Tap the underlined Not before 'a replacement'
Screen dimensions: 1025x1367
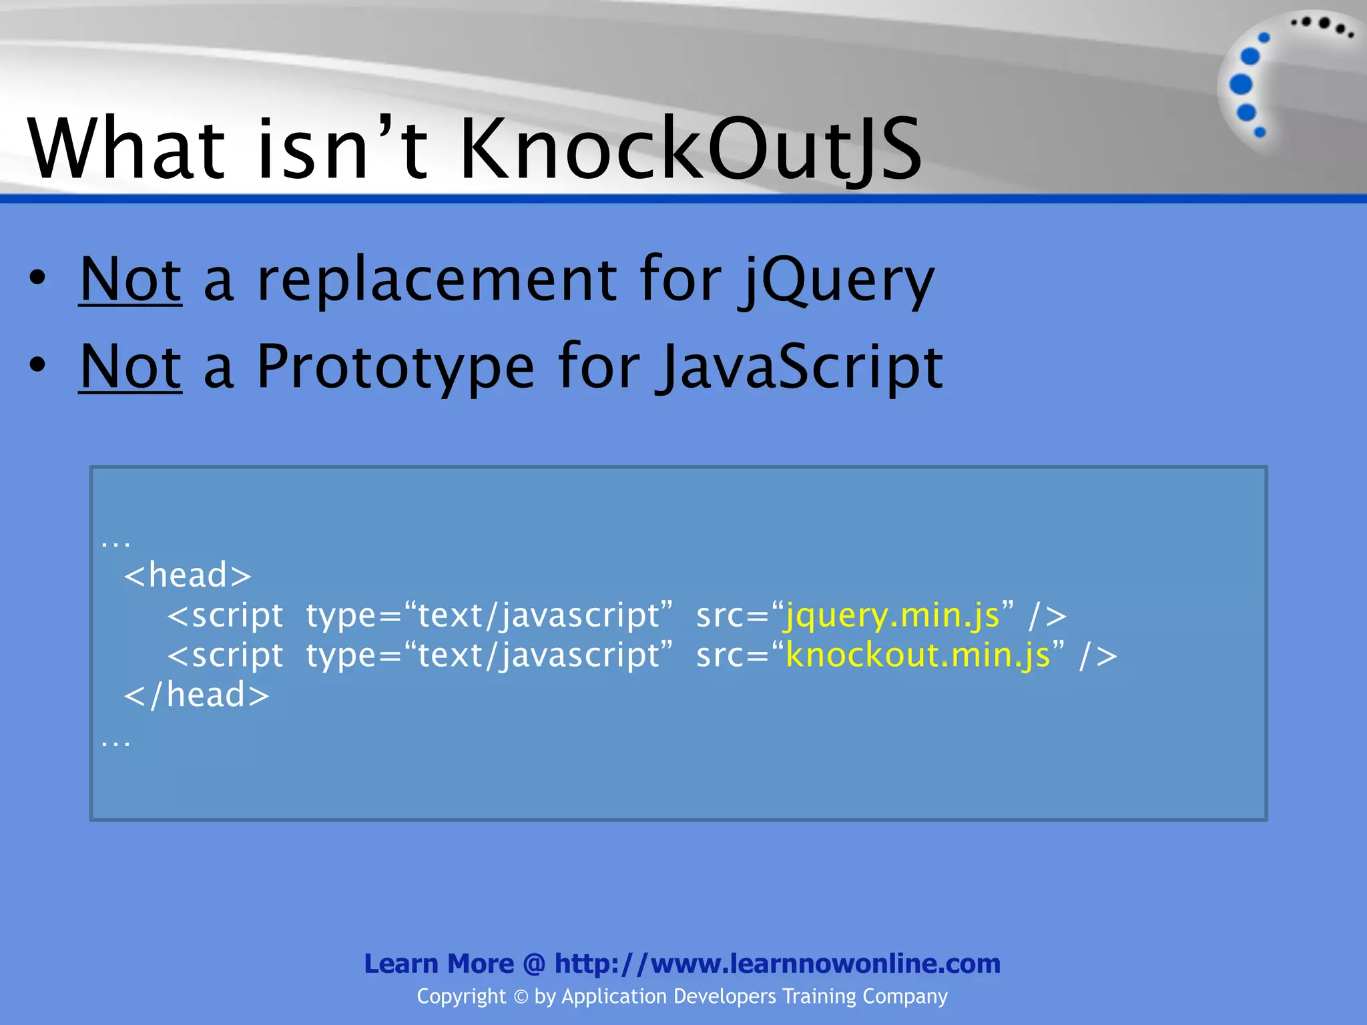130,280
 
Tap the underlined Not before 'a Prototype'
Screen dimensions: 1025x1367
130,367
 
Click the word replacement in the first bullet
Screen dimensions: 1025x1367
437,280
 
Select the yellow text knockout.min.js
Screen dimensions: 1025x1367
918,655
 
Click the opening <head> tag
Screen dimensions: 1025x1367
188,575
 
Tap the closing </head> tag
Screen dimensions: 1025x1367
197,695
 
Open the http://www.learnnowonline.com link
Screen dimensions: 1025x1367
778,964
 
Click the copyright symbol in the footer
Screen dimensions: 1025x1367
521,997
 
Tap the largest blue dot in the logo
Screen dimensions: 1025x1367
1241,85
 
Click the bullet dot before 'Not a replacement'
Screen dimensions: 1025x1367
38,278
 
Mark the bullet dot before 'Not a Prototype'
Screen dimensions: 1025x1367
38,365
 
